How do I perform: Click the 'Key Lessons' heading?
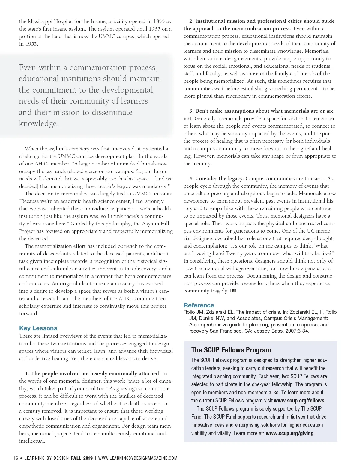point(38,328)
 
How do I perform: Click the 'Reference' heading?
point(199,305)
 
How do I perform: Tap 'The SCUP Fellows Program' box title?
point(231,350)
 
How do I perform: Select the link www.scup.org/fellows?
point(299,401)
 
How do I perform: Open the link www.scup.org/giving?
point(289,433)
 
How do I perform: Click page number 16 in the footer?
point(16,458)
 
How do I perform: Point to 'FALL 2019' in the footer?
point(82,458)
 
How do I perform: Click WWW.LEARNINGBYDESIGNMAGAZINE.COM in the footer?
point(138,458)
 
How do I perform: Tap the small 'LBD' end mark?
point(233,291)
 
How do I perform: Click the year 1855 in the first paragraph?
point(159,21)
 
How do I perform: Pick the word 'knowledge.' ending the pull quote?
point(39,123)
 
